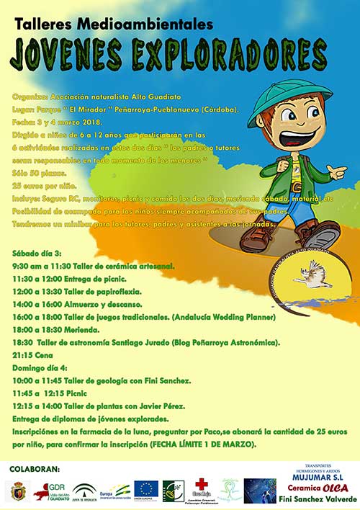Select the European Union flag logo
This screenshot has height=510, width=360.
[x=146, y=490]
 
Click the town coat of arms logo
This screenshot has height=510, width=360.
[x=18, y=492]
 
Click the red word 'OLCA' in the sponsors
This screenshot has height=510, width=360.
[x=337, y=488]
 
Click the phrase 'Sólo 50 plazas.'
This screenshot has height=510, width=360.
[x=37, y=175]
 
